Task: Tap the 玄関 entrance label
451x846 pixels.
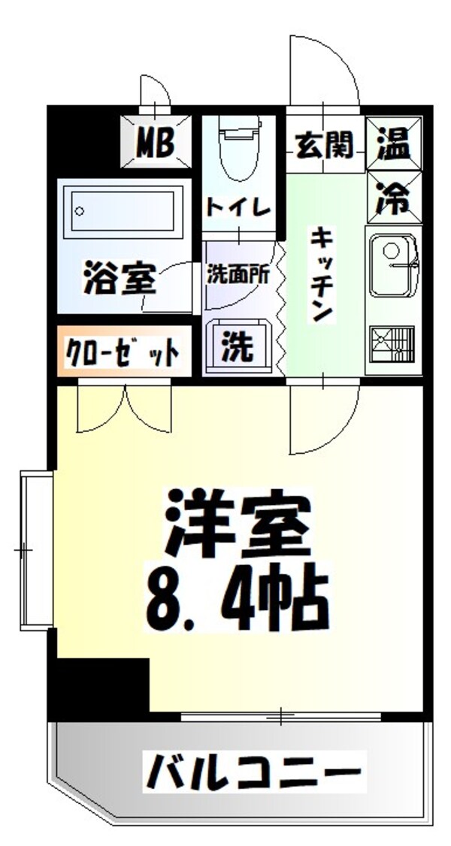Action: [324, 144]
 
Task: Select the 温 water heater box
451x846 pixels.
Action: [394, 143]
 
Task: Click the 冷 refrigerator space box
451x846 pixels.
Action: [394, 196]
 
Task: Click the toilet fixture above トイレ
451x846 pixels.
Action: [238, 150]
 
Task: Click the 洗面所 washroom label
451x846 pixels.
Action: [238, 276]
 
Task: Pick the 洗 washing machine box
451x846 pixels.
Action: [236, 346]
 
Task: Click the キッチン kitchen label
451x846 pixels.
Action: [321, 274]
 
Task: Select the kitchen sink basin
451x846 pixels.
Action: [394, 262]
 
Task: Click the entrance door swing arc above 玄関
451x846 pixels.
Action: [323, 71]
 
